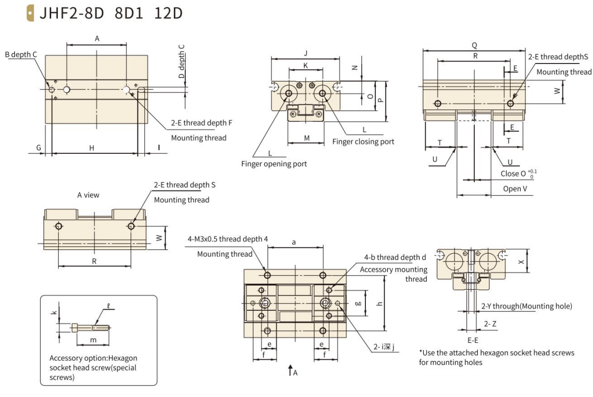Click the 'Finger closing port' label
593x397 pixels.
[363, 141]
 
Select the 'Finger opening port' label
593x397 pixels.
[274, 164]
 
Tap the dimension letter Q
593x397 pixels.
[474, 45]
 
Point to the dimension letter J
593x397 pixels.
[306, 53]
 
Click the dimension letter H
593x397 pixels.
[91, 148]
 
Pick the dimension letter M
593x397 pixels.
[306, 138]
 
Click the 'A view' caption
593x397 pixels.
[88, 195]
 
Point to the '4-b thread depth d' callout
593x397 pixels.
[395, 257]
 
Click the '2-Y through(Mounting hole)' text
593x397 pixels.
[526, 306]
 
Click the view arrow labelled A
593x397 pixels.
[292, 370]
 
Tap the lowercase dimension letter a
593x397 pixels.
[294, 242]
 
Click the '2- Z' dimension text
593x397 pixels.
[490, 324]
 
